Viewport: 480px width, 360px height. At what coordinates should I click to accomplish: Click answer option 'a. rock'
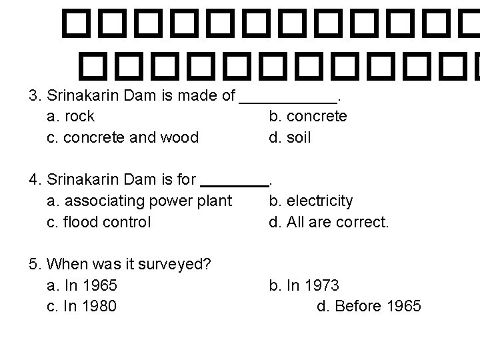point(71,117)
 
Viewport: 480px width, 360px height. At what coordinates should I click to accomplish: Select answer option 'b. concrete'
point(308,117)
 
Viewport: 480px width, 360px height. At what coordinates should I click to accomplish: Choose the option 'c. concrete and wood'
point(123,138)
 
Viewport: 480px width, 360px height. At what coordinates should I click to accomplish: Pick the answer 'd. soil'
point(290,138)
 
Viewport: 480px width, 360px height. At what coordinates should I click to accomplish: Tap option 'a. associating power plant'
point(140,201)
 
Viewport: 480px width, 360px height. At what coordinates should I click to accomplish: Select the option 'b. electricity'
point(311,201)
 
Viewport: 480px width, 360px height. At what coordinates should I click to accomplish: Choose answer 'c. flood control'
point(99,222)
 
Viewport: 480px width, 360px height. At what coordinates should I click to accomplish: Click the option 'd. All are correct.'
point(329,222)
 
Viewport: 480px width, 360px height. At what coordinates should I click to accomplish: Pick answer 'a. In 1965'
point(83,285)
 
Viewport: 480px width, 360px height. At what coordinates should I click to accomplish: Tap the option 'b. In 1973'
point(304,285)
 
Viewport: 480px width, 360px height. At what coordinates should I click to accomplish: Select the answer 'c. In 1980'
point(83,307)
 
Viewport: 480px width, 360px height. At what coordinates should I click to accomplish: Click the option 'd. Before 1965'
point(369,307)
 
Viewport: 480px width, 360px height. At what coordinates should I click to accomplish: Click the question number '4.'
point(35,179)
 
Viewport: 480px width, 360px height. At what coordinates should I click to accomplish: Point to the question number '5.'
point(35,264)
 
